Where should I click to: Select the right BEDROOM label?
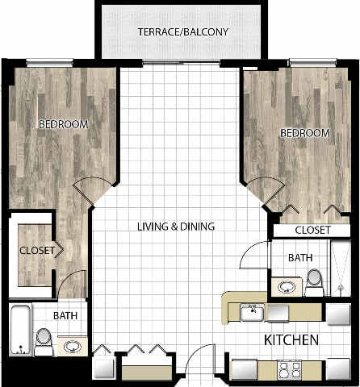(x=304, y=132)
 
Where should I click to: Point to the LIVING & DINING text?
(x=174, y=227)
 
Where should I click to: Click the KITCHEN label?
(x=292, y=340)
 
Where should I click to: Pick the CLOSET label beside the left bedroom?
(x=37, y=250)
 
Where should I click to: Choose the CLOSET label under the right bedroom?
(x=312, y=231)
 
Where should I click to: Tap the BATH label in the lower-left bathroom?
(x=66, y=316)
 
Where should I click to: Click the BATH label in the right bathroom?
(x=302, y=259)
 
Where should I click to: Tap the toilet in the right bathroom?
(x=314, y=279)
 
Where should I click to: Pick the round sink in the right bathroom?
(x=286, y=285)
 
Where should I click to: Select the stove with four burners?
(x=290, y=370)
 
